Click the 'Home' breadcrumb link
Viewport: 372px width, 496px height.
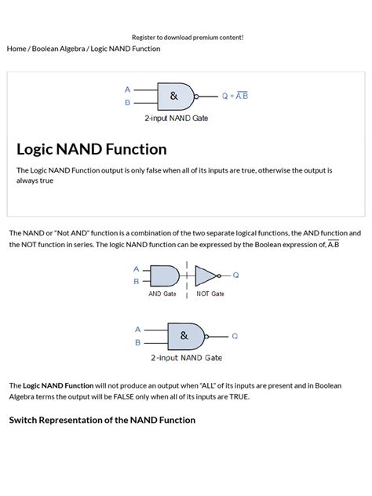[16, 49]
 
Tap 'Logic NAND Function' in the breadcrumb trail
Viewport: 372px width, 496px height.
[126, 49]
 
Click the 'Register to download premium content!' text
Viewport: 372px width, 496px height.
[188, 37]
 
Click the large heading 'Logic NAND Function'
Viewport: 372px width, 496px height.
[91, 149]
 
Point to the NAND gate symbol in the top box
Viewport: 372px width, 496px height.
[175, 96]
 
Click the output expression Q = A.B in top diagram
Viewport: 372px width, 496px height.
[235, 96]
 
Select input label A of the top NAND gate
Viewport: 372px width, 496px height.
[127, 89]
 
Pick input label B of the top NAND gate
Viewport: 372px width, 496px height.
[127, 103]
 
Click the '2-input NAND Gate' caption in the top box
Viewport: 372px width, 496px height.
[176, 119]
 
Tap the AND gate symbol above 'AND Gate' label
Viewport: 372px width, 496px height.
[164, 275]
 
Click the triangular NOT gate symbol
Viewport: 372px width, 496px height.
[205, 275]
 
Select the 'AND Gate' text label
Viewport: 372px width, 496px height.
[162, 294]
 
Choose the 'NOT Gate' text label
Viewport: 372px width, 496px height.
[210, 294]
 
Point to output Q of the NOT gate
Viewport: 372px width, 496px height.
[235, 275]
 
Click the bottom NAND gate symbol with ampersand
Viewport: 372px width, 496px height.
[185, 335]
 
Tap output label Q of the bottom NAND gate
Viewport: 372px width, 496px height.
[234, 335]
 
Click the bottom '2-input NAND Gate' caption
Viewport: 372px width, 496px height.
[186, 358]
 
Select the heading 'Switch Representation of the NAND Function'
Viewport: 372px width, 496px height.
[102, 420]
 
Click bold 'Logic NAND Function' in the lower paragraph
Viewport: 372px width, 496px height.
[58, 385]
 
